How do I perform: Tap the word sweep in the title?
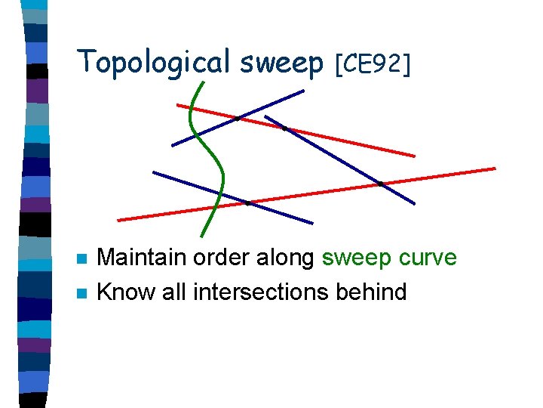coord(281,63)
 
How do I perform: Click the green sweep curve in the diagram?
coord(220,170)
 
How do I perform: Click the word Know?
coord(123,292)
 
